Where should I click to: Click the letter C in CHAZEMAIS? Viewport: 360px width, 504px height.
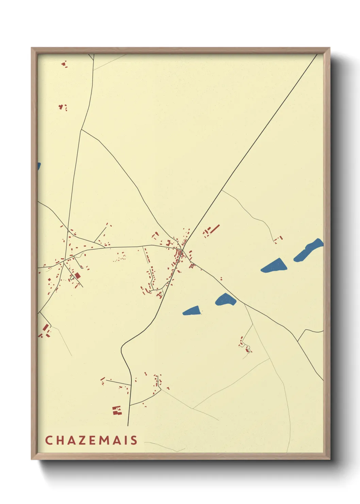[x=48, y=440]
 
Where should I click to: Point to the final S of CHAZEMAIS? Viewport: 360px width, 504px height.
[x=134, y=440]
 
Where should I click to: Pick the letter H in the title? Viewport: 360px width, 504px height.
[x=60, y=440]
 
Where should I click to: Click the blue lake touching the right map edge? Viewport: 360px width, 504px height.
[x=308, y=250]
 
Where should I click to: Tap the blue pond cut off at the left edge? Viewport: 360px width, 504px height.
[x=39, y=167]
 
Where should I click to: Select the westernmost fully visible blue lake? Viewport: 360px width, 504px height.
[x=192, y=311]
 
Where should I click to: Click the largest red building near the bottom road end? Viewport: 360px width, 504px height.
[x=117, y=410]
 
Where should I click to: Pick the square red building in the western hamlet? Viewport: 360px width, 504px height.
[x=78, y=275]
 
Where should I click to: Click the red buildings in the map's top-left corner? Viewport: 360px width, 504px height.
[x=64, y=64]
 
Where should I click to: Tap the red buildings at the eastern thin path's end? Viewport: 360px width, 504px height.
[x=278, y=239]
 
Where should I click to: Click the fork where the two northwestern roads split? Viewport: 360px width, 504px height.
[x=81, y=129]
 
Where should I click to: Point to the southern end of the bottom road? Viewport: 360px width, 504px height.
[x=128, y=425]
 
